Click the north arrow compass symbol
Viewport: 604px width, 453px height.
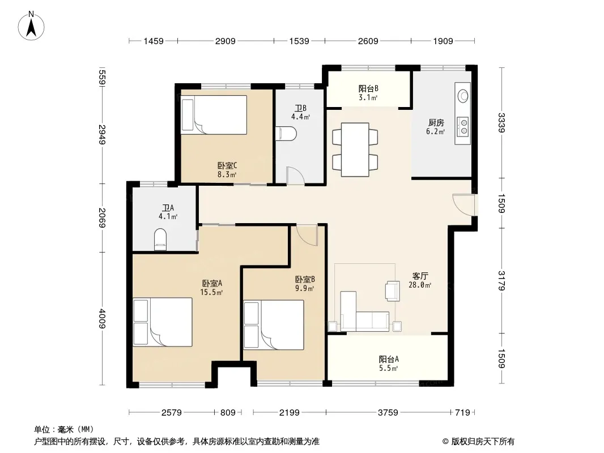coord(31,26)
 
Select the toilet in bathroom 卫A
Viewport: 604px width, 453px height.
coord(160,240)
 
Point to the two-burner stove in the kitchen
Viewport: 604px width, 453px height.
coord(462,126)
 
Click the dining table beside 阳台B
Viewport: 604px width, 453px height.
coord(355,149)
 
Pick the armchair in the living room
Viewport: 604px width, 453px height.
coord(393,290)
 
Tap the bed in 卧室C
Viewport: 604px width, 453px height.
coord(214,115)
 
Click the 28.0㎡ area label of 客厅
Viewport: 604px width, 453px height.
coord(420,285)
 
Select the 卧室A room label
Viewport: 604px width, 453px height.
coord(212,283)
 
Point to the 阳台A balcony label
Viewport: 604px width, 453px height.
coord(389,359)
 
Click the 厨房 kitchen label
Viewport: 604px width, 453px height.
coord(436,123)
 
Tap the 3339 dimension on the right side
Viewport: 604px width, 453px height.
coord(501,123)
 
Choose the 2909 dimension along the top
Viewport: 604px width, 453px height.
coord(226,41)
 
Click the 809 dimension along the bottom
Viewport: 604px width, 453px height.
coord(228,413)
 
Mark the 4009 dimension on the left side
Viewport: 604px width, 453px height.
coord(102,318)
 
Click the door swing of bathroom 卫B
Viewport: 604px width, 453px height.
coord(295,176)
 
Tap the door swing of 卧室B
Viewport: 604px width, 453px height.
coord(307,235)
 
